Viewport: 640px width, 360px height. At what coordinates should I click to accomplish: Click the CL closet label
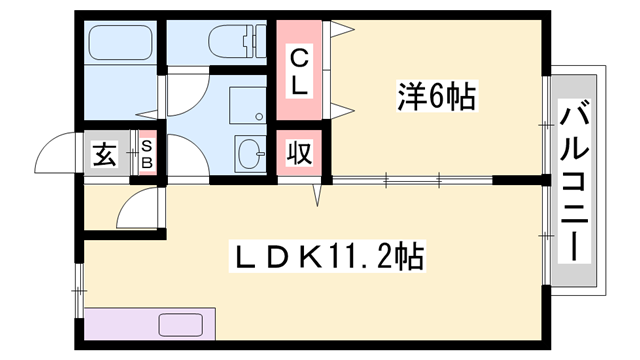tap(300, 72)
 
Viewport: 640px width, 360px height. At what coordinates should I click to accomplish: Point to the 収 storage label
tap(298, 154)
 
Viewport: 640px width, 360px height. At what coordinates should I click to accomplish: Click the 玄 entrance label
tap(104, 155)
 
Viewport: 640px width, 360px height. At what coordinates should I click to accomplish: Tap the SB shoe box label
tap(147, 155)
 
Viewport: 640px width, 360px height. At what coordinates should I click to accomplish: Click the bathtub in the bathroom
tap(120, 44)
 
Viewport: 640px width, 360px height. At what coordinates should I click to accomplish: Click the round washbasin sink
tap(249, 154)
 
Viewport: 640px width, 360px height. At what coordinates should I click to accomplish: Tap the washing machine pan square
tap(245, 103)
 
